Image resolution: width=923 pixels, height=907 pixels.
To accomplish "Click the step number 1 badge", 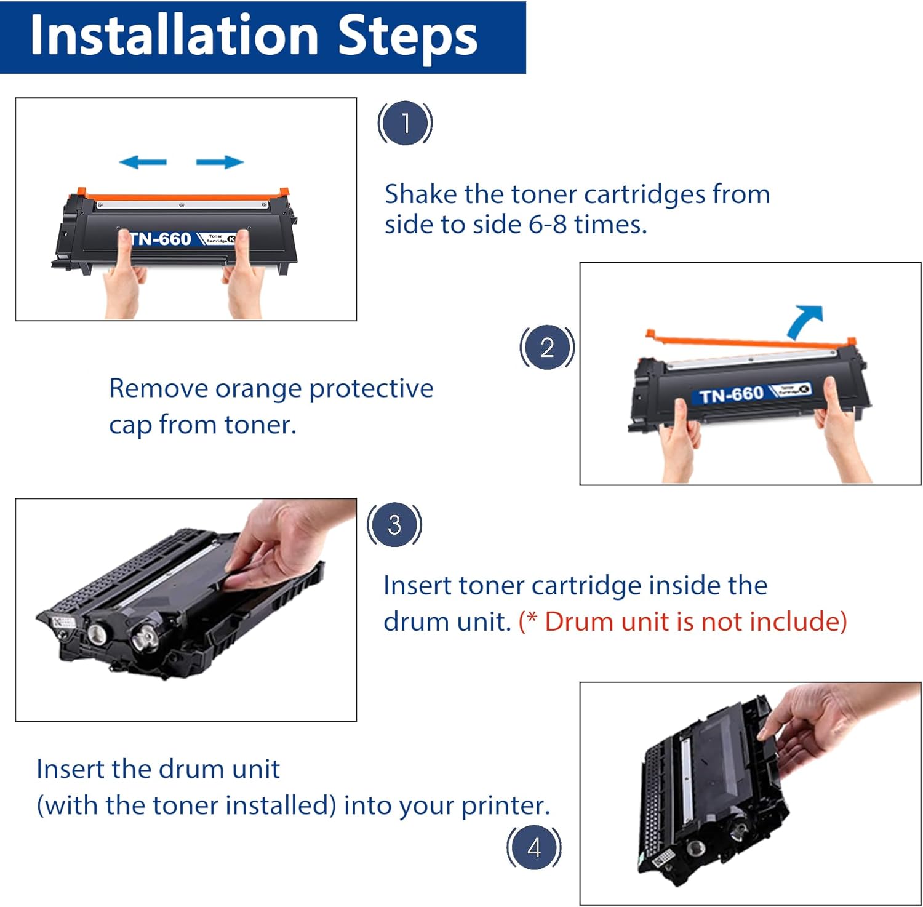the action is [405, 122].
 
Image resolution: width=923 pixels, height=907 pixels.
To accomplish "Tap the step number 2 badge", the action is [547, 347].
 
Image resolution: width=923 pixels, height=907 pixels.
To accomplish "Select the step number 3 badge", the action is [394, 524].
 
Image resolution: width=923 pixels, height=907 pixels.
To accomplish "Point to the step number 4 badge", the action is [534, 847].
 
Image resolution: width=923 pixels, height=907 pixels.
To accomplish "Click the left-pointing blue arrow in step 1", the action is [143, 162].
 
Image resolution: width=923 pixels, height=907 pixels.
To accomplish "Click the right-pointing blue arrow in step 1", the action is [220, 162].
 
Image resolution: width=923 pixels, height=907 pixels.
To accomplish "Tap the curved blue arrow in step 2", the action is [807, 320].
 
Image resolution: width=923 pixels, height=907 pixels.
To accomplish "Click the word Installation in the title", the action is [174, 36].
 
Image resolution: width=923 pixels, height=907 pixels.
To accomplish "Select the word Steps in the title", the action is [407, 36].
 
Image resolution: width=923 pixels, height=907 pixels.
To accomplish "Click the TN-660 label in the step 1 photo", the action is [161, 239].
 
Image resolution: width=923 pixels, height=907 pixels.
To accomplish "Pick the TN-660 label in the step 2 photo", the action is [731, 394].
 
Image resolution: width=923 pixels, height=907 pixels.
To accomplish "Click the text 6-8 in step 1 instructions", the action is [548, 224].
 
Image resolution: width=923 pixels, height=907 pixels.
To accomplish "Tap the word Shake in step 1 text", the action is [421, 194].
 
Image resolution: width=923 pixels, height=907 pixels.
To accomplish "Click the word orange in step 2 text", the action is [258, 389].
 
